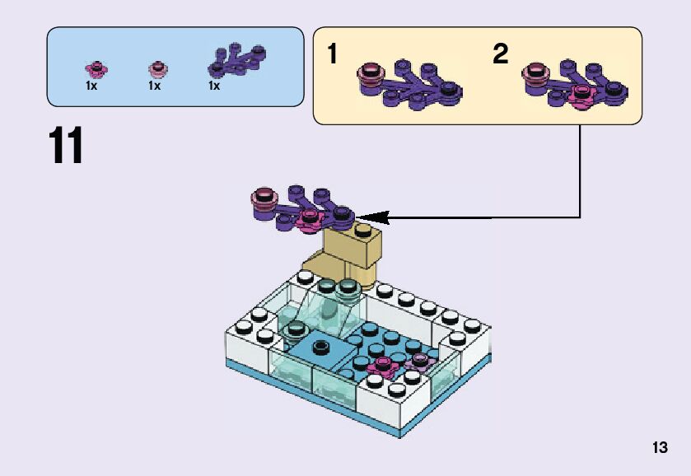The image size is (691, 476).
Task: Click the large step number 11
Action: click(66, 146)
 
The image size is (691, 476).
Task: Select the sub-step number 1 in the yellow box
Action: click(332, 55)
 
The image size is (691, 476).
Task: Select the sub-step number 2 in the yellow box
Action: click(500, 55)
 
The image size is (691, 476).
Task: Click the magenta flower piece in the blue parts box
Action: click(96, 68)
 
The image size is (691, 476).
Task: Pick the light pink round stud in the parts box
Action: click(156, 68)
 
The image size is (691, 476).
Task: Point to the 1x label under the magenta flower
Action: click(91, 85)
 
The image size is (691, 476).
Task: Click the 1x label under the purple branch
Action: click(214, 85)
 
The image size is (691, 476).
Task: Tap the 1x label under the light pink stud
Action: click(154, 85)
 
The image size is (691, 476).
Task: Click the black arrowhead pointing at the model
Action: click(369, 218)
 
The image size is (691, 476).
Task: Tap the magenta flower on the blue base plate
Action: click(382, 365)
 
